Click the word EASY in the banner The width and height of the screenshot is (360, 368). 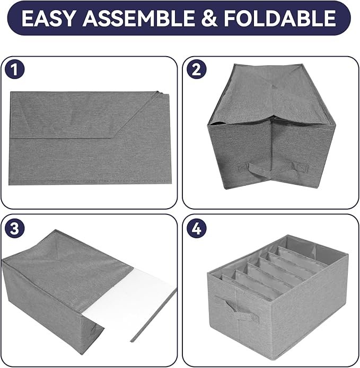[49, 18]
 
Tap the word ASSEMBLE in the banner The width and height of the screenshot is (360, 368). [138, 18]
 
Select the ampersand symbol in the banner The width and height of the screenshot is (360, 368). [209, 18]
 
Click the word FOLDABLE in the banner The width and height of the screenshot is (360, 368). [279, 18]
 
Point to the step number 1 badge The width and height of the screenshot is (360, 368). [14, 69]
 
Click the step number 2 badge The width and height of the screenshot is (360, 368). [197, 69]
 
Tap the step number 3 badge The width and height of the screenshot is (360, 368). [14, 228]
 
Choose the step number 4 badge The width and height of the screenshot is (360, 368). [197, 228]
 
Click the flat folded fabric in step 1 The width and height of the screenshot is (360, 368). [90, 138]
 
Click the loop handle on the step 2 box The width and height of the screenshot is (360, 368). [259, 170]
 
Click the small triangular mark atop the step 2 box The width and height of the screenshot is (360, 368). [275, 86]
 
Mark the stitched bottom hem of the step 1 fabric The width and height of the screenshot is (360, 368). [90, 182]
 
